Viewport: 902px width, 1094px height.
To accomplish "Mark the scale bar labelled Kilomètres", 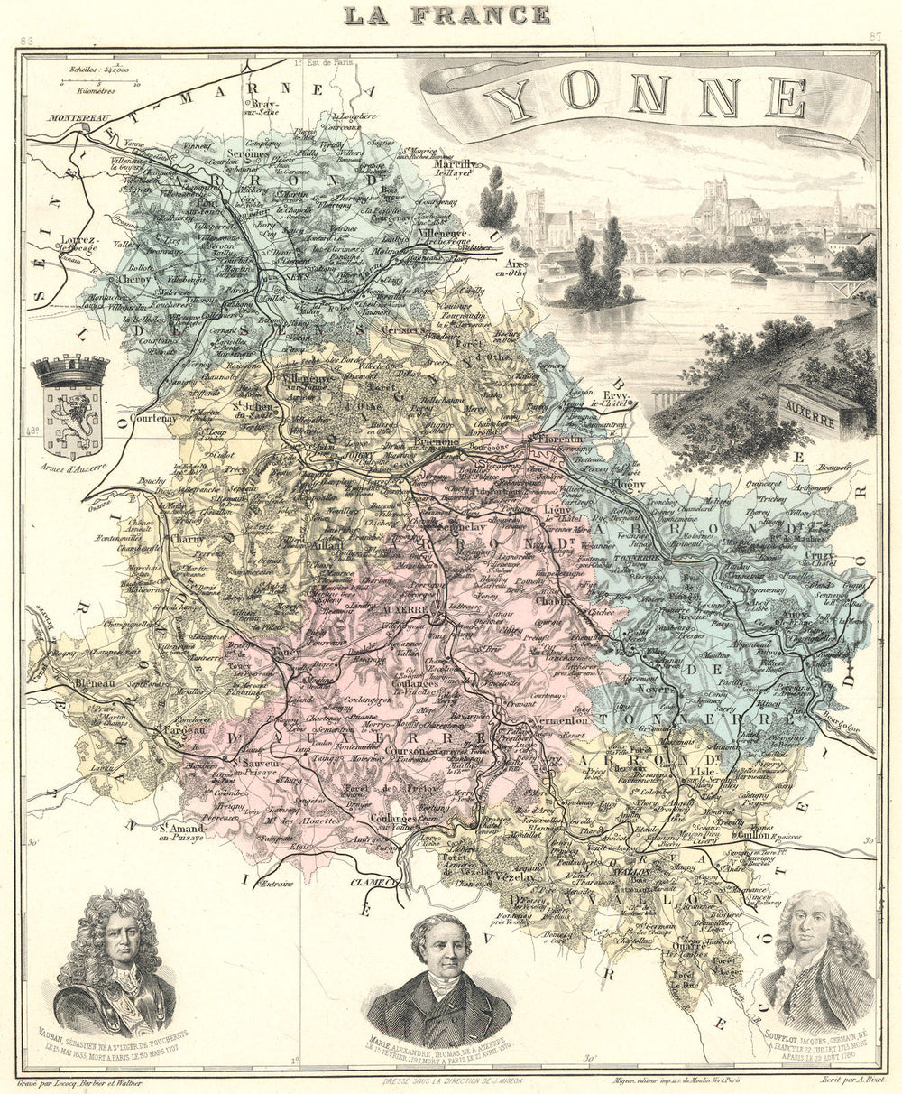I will pos(99,83).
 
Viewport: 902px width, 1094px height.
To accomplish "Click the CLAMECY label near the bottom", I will pos(373,882).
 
